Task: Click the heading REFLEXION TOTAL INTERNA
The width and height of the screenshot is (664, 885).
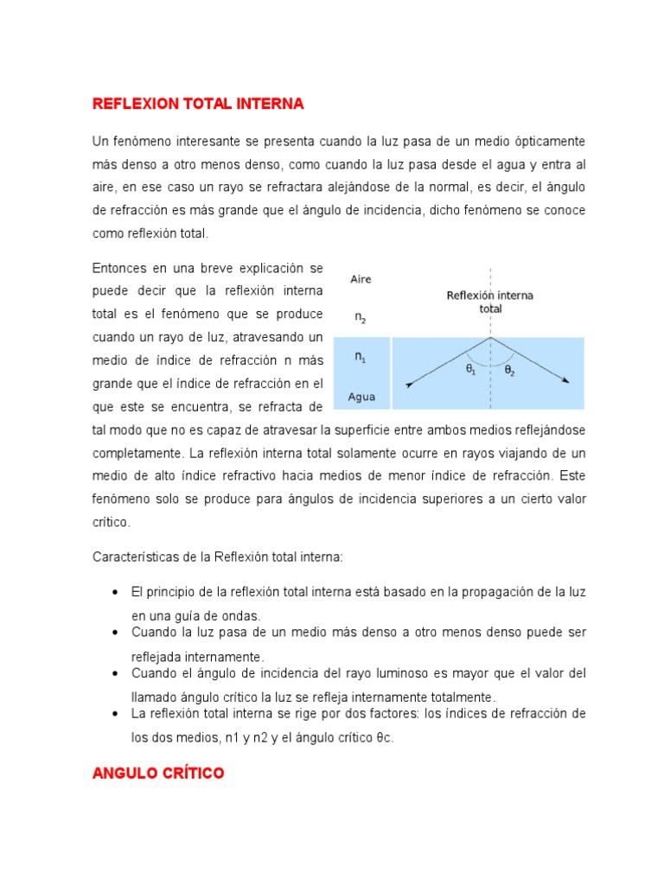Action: click(x=198, y=104)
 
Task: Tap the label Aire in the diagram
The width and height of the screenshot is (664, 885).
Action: click(x=361, y=279)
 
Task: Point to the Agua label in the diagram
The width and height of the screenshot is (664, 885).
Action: click(x=361, y=398)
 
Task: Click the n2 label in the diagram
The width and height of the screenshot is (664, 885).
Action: click(x=361, y=317)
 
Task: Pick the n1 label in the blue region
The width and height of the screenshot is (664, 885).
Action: click(x=361, y=356)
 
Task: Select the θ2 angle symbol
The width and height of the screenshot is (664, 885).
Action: click(x=509, y=370)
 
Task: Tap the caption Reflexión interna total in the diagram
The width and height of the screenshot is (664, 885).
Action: click(x=489, y=301)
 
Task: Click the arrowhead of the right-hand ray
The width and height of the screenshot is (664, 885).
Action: click(x=566, y=380)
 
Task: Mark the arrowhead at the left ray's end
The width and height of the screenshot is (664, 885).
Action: click(x=409, y=385)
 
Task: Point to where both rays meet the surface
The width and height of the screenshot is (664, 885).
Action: click(x=491, y=337)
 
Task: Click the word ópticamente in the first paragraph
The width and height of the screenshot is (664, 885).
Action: click(x=548, y=141)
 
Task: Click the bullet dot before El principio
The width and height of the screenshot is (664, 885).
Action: click(x=115, y=592)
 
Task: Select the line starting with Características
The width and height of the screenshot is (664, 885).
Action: click(x=218, y=557)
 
